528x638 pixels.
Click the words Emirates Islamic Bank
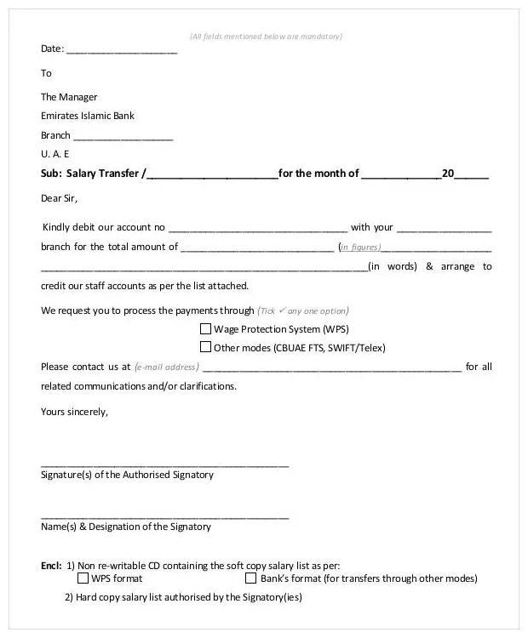click(x=88, y=116)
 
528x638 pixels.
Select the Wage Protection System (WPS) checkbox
click(x=205, y=328)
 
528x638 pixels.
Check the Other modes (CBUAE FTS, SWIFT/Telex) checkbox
click(x=205, y=347)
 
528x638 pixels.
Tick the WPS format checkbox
click(x=83, y=578)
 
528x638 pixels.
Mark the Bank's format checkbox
click(x=251, y=578)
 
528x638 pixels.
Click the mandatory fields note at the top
click(x=266, y=36)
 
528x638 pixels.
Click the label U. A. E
click(x=55, y=154)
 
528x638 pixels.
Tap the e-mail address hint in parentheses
click(x=166, y=367)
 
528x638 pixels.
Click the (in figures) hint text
click(x=359, y=248)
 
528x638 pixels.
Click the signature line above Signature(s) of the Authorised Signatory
click(x=165, y=465)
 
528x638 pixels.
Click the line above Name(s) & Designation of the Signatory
click(x=165, y=517)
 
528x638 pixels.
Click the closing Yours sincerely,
click(x=75, y=412)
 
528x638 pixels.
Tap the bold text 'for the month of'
click(x=319, y=174)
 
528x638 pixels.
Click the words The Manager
click(x=69, y=97)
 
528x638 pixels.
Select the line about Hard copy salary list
click(x=183, y=597)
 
